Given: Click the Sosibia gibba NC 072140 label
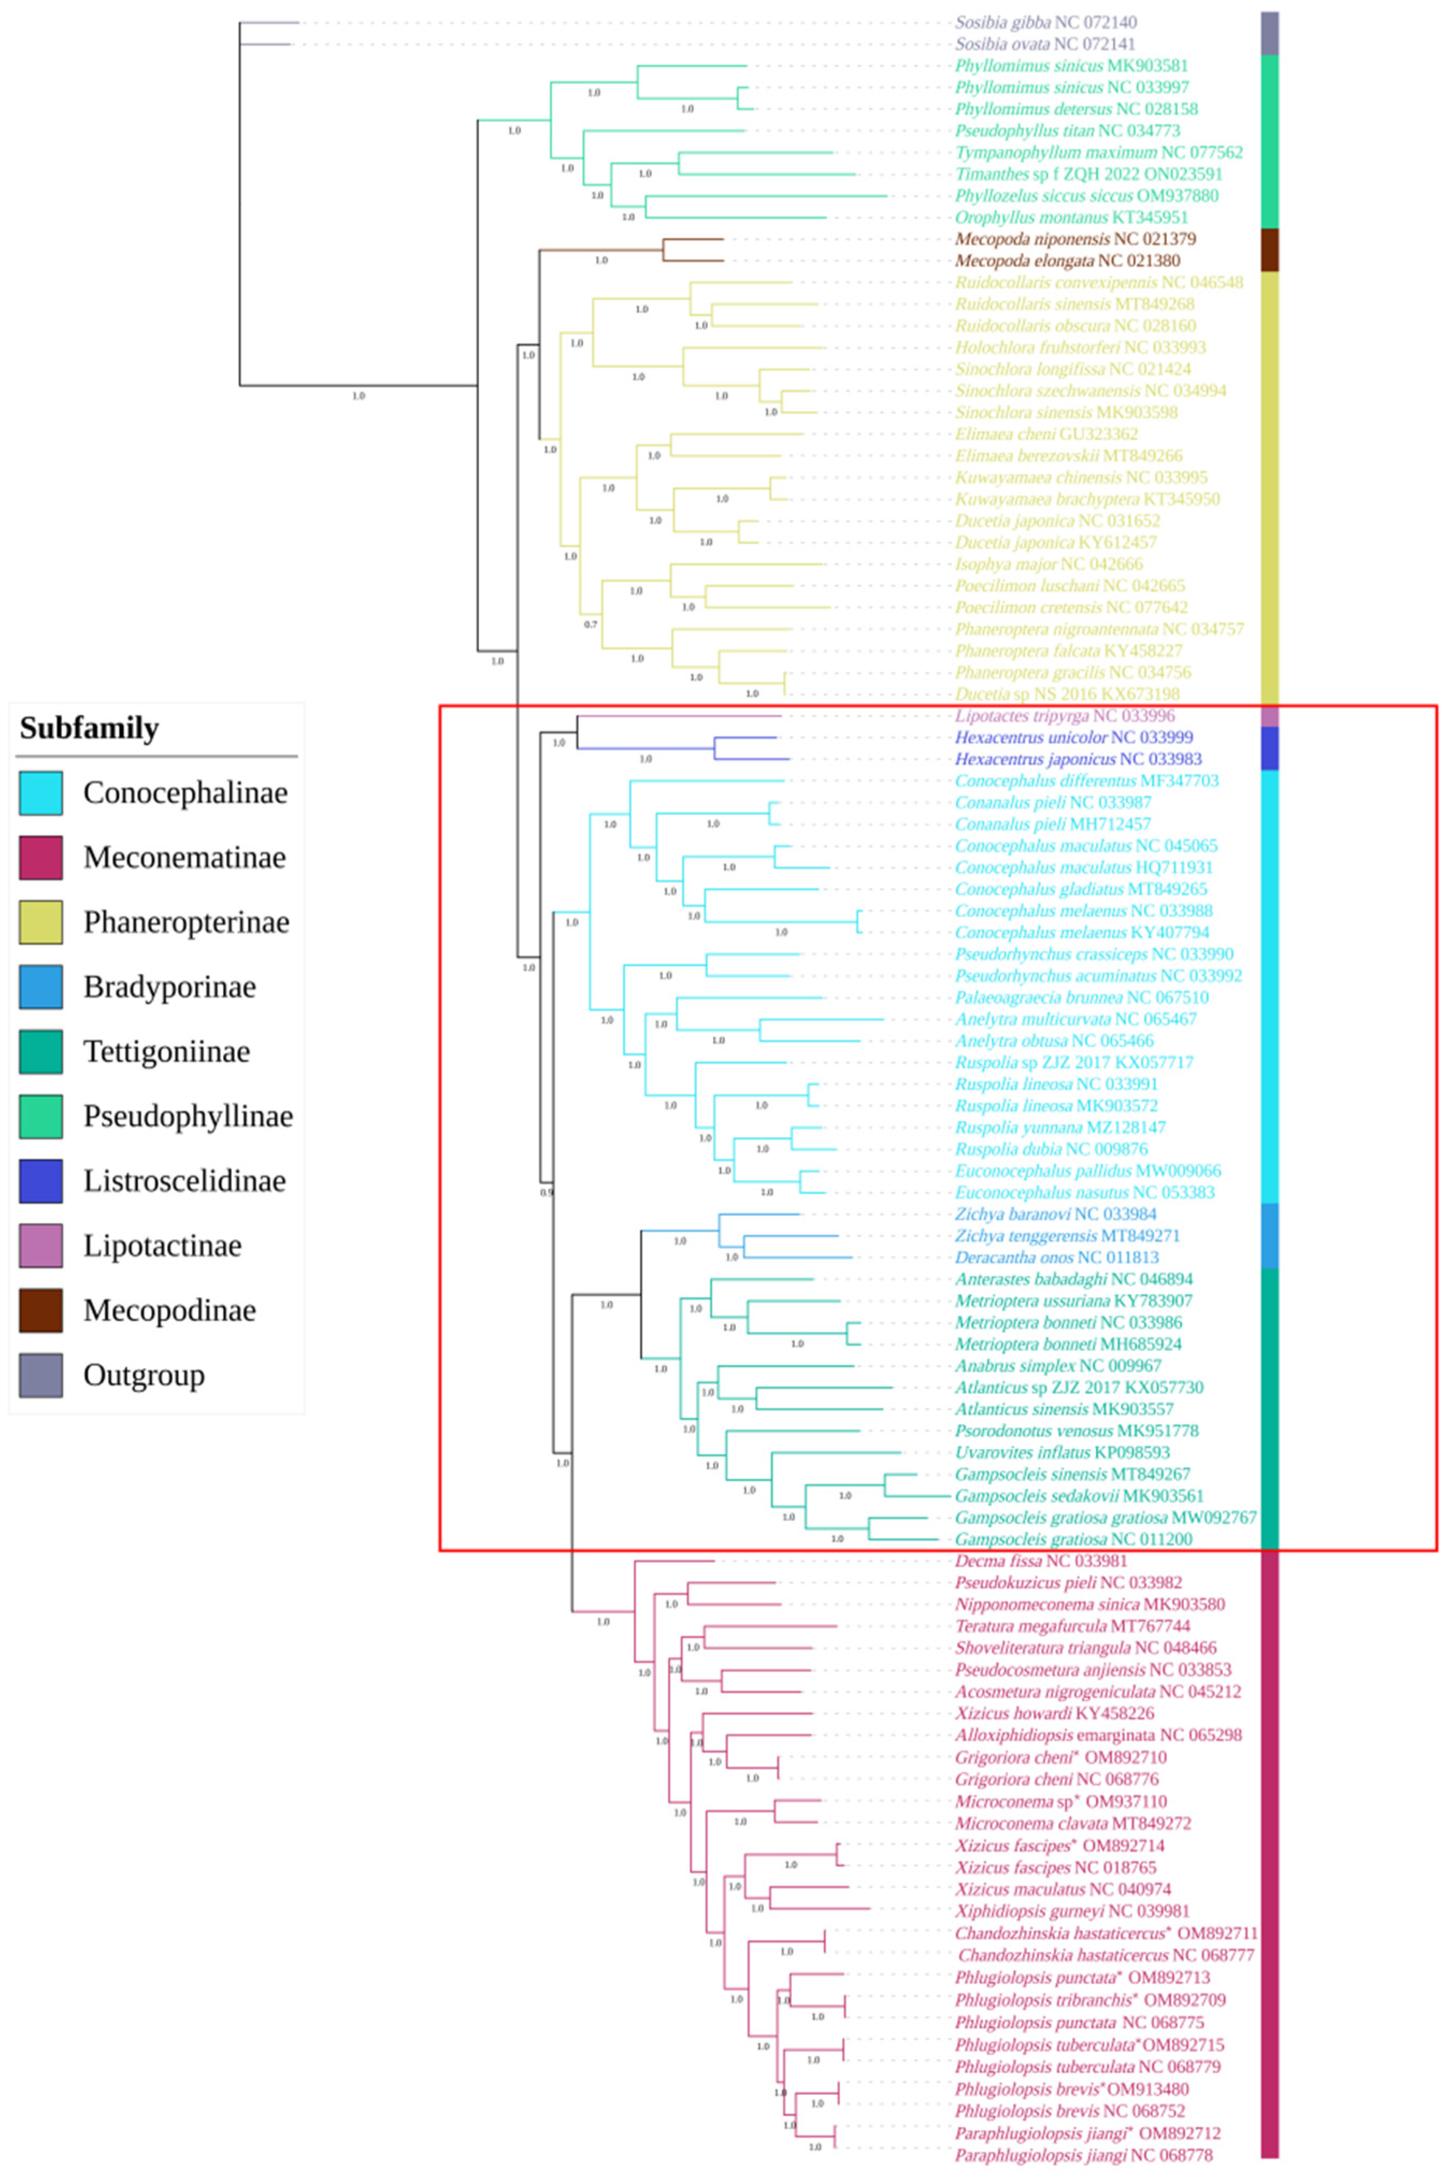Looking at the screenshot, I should pos(1046,22).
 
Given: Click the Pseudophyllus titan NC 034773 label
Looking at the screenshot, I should pos(1067,131).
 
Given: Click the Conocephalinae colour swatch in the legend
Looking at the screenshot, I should pos(41,793).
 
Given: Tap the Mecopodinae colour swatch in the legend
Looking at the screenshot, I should pos(41,1310).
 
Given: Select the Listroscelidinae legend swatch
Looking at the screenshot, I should pos(41,1181).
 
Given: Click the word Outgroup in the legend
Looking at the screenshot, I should pos(143,1375).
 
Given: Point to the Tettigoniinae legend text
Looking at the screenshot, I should pos(167,1052).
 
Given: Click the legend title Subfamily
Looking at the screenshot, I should pos(89,729).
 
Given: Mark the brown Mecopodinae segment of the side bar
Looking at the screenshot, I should pos(1270,249).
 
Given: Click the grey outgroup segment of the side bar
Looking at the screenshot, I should pos(1270,33).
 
